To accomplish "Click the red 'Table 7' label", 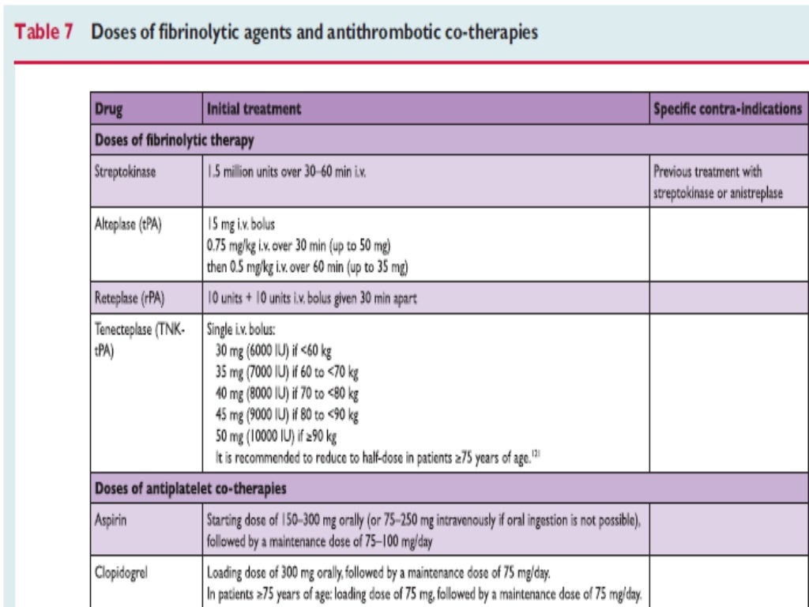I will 46,33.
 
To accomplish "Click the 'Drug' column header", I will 108,110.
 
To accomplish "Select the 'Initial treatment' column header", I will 254,110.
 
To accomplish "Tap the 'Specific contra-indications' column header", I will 727,110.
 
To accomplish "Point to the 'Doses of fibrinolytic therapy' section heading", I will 174,141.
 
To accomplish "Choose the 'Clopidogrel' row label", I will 122,571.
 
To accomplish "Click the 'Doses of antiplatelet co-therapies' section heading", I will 190,488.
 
